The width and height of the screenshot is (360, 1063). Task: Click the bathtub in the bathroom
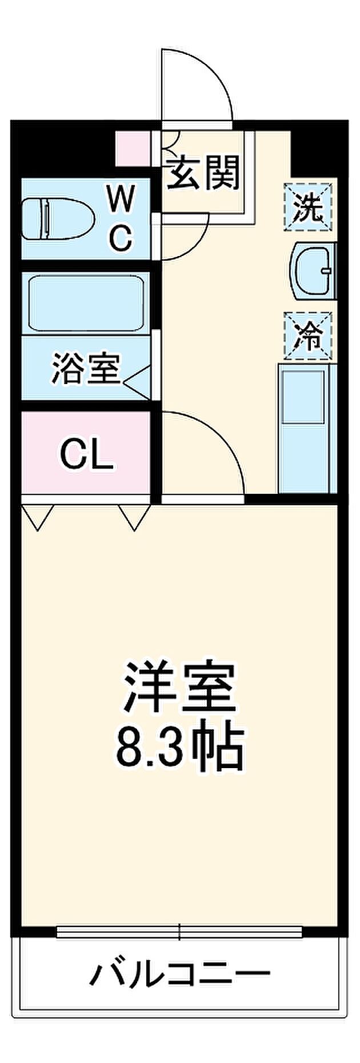pyautogui.click(x=86, y=303)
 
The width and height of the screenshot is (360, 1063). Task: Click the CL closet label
pyautogui.click(x=87, y=455)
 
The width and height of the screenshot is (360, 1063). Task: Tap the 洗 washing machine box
pyautogui.click(x=308, y=206)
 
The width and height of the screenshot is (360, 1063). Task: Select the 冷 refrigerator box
pyautogui.click(x=308, y=335)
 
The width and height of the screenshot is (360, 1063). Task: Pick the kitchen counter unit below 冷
pyautogui.click(x=304, y=428)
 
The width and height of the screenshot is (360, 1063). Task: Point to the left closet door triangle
pyautogui.click(x=38, y=517)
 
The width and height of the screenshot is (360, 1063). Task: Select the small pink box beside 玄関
pyautogui.click(x=133, y=149)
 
